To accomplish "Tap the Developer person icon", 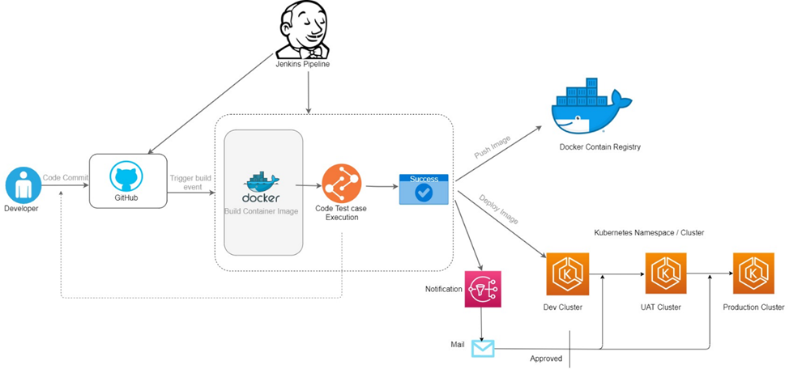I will click(x=21, y=184).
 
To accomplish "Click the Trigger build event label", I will click(x=191, y=182).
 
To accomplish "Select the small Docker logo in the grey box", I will click(x=262, y=187).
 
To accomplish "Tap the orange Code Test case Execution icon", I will click(x=341, y=183).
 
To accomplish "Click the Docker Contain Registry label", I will click(x=599, y=147).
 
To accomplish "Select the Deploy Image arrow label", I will click(x=498, y=208).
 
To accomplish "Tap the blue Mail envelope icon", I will click(x=483, y=348).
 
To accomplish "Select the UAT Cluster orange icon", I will click(x=665, y=274).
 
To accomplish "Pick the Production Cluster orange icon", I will click(x=753, y=274).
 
